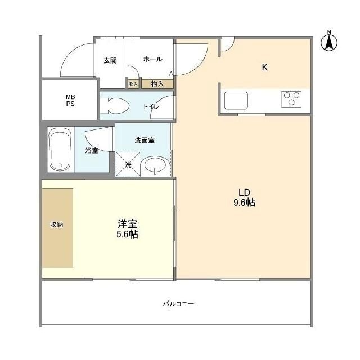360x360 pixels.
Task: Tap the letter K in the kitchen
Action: click(264, 67)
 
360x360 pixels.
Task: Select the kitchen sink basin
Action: click(236, 101)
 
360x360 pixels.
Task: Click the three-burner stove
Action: click(291, 99)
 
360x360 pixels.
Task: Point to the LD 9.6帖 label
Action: click(244, 196)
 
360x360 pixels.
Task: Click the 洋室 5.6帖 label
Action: click(128, 228)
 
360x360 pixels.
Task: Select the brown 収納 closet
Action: click(57, 228)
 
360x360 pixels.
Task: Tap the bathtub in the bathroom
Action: click(60, 149)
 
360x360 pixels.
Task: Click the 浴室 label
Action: click(92, 150)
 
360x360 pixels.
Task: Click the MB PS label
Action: click(70, 100)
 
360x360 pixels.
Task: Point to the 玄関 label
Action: click(110, 60)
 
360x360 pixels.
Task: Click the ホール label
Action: click(152, 59)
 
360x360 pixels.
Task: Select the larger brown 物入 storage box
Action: click(157, 84)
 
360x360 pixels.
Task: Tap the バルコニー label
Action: click(178, 304)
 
